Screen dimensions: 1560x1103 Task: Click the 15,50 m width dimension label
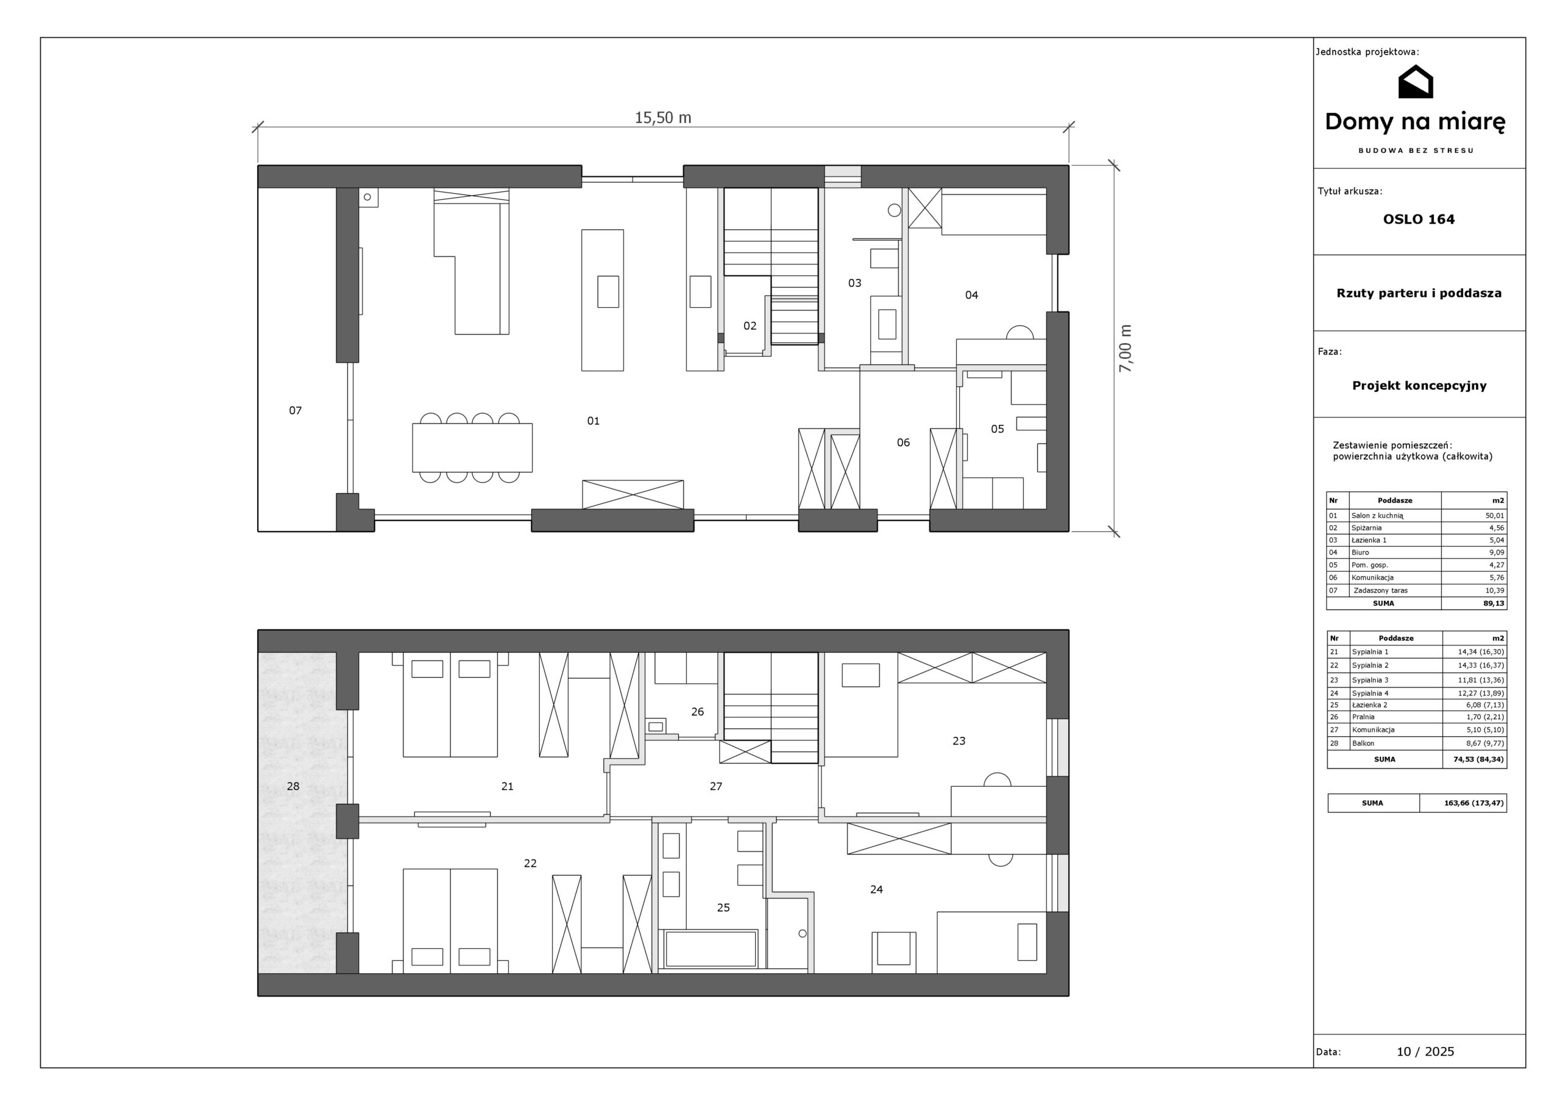662,118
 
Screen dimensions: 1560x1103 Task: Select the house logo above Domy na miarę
1416,82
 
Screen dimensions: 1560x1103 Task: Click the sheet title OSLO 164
1419,219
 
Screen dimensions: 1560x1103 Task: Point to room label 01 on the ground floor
593,421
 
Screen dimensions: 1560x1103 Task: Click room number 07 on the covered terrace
295,411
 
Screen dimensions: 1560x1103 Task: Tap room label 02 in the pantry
750,326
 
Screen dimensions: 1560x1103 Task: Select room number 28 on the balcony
293,786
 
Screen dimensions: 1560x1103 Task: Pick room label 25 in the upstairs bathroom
723,907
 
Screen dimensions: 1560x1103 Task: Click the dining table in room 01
472,448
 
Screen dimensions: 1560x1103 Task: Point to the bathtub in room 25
711,949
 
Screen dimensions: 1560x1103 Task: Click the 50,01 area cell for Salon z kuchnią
1495,516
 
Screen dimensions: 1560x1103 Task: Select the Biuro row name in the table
1360,553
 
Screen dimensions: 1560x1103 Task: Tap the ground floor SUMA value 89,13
1494,603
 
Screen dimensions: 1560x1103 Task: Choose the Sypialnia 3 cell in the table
1370,680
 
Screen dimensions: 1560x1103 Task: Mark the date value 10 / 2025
1425,1052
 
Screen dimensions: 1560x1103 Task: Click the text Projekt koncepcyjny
1419,386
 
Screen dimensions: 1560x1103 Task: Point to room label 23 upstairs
959,741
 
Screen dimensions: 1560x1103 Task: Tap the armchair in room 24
893,948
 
